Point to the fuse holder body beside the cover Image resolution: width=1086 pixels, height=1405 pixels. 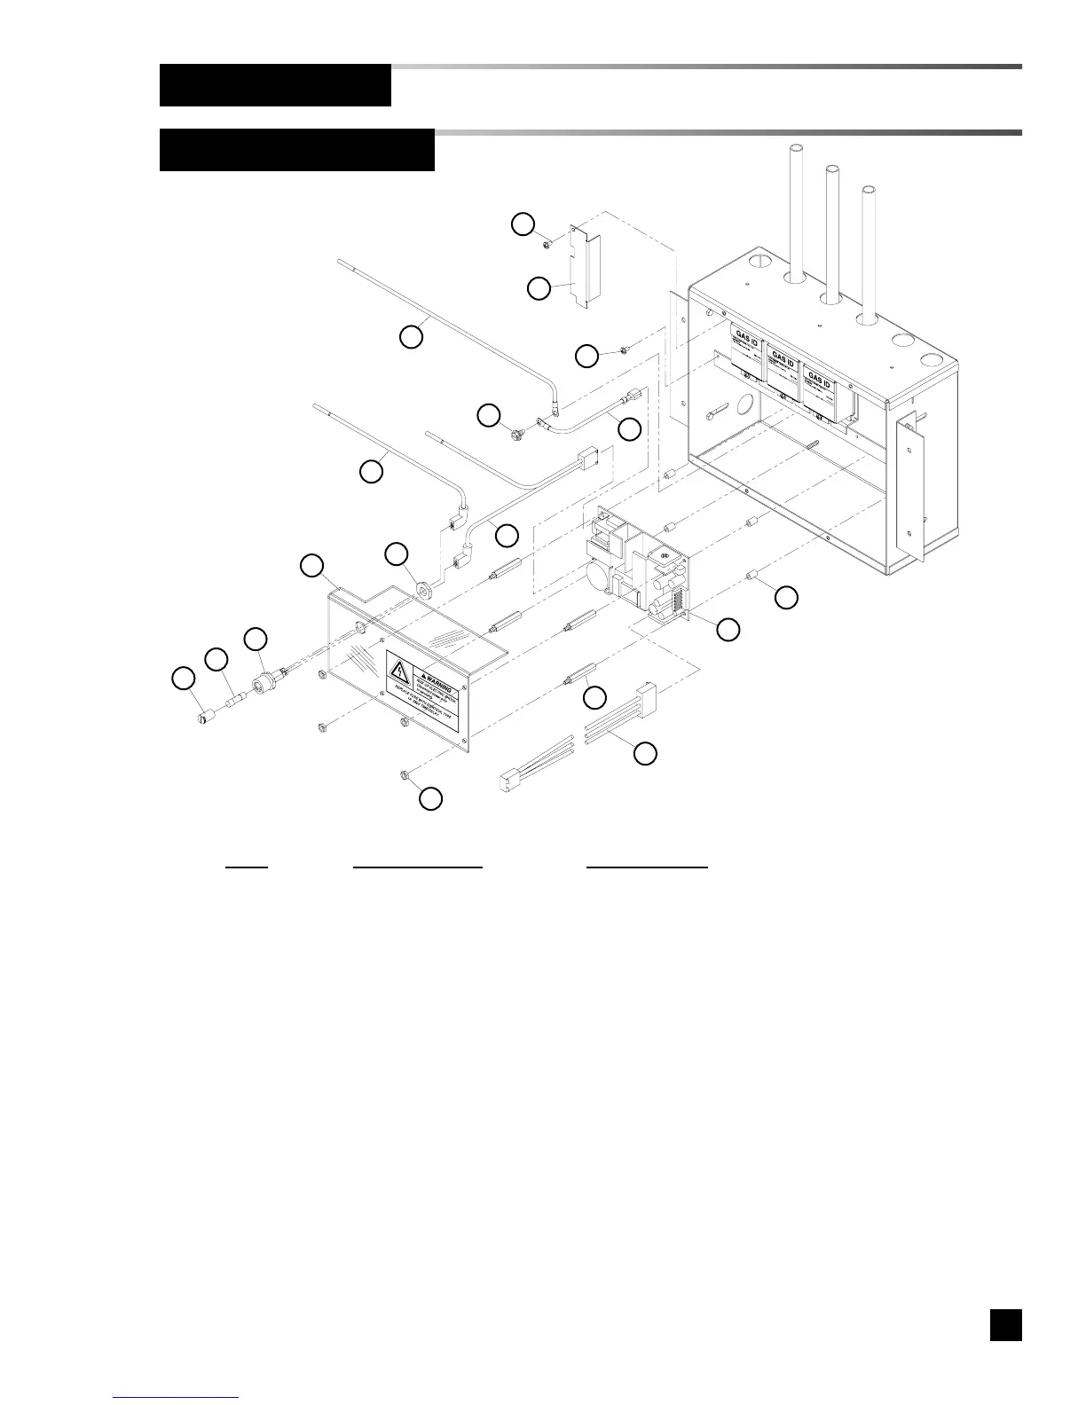tap(264, 685)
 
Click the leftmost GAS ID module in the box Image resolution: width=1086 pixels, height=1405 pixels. tap(746, 354)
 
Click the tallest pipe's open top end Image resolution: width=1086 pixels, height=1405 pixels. tap(796, 150)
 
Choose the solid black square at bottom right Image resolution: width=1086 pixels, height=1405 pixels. tap(1006, 1325)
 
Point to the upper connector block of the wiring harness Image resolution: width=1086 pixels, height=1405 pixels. tap(645, 692)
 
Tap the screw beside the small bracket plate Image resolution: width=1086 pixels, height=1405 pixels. tap(550, 239)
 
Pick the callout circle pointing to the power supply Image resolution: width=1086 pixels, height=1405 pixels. tap(728, 630)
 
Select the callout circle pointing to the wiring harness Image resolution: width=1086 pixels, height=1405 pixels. tap(646, 754)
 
